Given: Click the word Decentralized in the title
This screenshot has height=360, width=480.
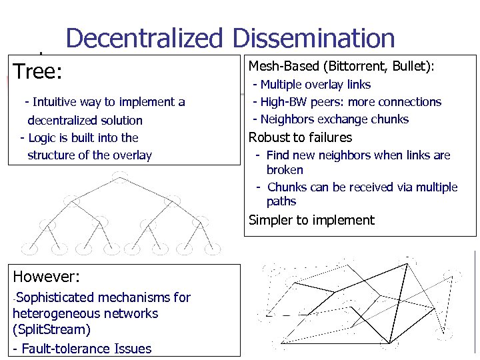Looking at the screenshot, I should (143, 39).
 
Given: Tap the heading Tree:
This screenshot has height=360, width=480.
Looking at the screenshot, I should (37, 71).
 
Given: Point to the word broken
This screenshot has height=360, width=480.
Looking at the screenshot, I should (285, 170).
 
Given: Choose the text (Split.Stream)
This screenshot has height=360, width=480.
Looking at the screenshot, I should (51, 330).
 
